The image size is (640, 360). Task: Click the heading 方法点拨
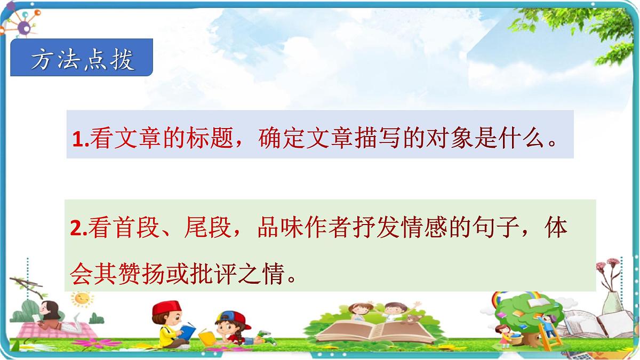coord(82,60)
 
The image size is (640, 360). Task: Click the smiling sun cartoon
coord(82,299)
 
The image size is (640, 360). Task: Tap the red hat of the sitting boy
coord(167,308)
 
